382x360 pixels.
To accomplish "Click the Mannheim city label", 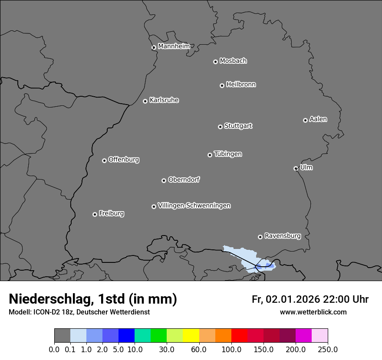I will [174, 46].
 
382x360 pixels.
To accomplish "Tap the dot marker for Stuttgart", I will [220, 127].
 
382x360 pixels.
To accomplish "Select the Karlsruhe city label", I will [164, 100].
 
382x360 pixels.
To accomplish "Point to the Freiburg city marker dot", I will [95, 214].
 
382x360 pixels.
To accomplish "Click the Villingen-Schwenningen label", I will [194, 206].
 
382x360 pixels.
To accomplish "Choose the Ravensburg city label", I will [282, 236].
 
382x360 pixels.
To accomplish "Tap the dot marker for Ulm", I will [296, 168].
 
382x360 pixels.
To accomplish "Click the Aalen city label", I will [318, 119].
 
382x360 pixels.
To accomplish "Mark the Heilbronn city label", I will [241, 85].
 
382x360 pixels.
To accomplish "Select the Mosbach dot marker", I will [215, 62].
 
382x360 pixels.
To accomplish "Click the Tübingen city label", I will [228, 154].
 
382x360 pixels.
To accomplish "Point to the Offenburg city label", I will [124, 160].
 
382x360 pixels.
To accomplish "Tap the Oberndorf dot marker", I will [164, 180].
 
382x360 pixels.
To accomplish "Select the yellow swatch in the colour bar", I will [191, 336].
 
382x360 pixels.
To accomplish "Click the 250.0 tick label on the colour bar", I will [328, 350].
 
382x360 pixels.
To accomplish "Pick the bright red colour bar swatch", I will [239, 336].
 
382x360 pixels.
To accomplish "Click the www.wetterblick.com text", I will [313, 312].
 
